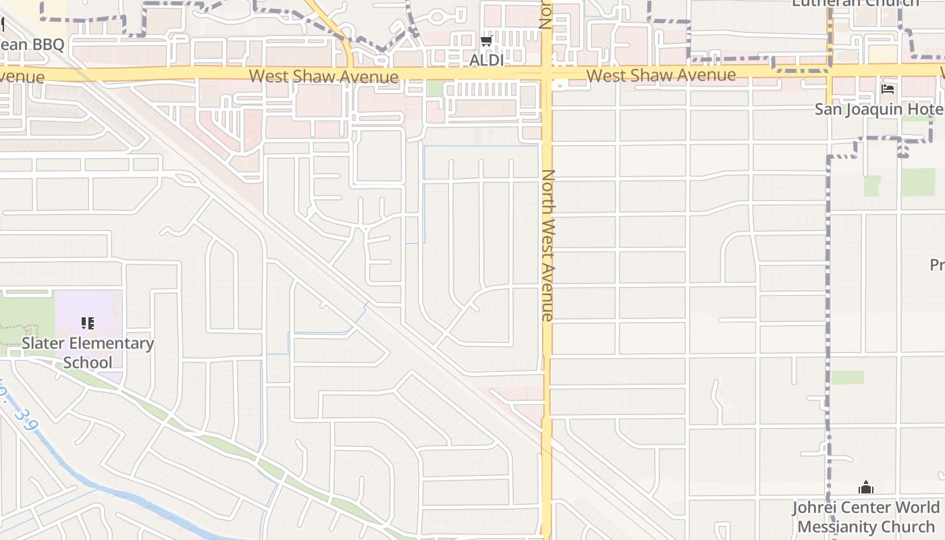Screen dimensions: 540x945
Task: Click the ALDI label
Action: tap(486, 60)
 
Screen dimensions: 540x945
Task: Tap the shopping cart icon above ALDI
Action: tap(485, 42)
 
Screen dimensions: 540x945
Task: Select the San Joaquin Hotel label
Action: tap(878, 109)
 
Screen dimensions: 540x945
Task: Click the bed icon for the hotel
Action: tap(888, 89)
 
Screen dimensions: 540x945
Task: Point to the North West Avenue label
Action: tap(547, 245)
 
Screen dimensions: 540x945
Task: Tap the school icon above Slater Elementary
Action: tap(87, 323)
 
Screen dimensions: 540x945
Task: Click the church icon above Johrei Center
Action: tap(865, 487)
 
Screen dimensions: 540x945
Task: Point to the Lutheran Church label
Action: tap(855, 3)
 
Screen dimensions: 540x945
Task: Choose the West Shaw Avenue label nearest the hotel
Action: tap(661, 75)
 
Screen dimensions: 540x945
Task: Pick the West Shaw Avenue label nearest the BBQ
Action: tap(323, 76)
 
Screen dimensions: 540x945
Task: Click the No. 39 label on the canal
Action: tap(24, 413)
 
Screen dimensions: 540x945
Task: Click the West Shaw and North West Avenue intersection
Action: tap(547, 73)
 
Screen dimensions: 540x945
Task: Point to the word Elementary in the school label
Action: tap(111, 343)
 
